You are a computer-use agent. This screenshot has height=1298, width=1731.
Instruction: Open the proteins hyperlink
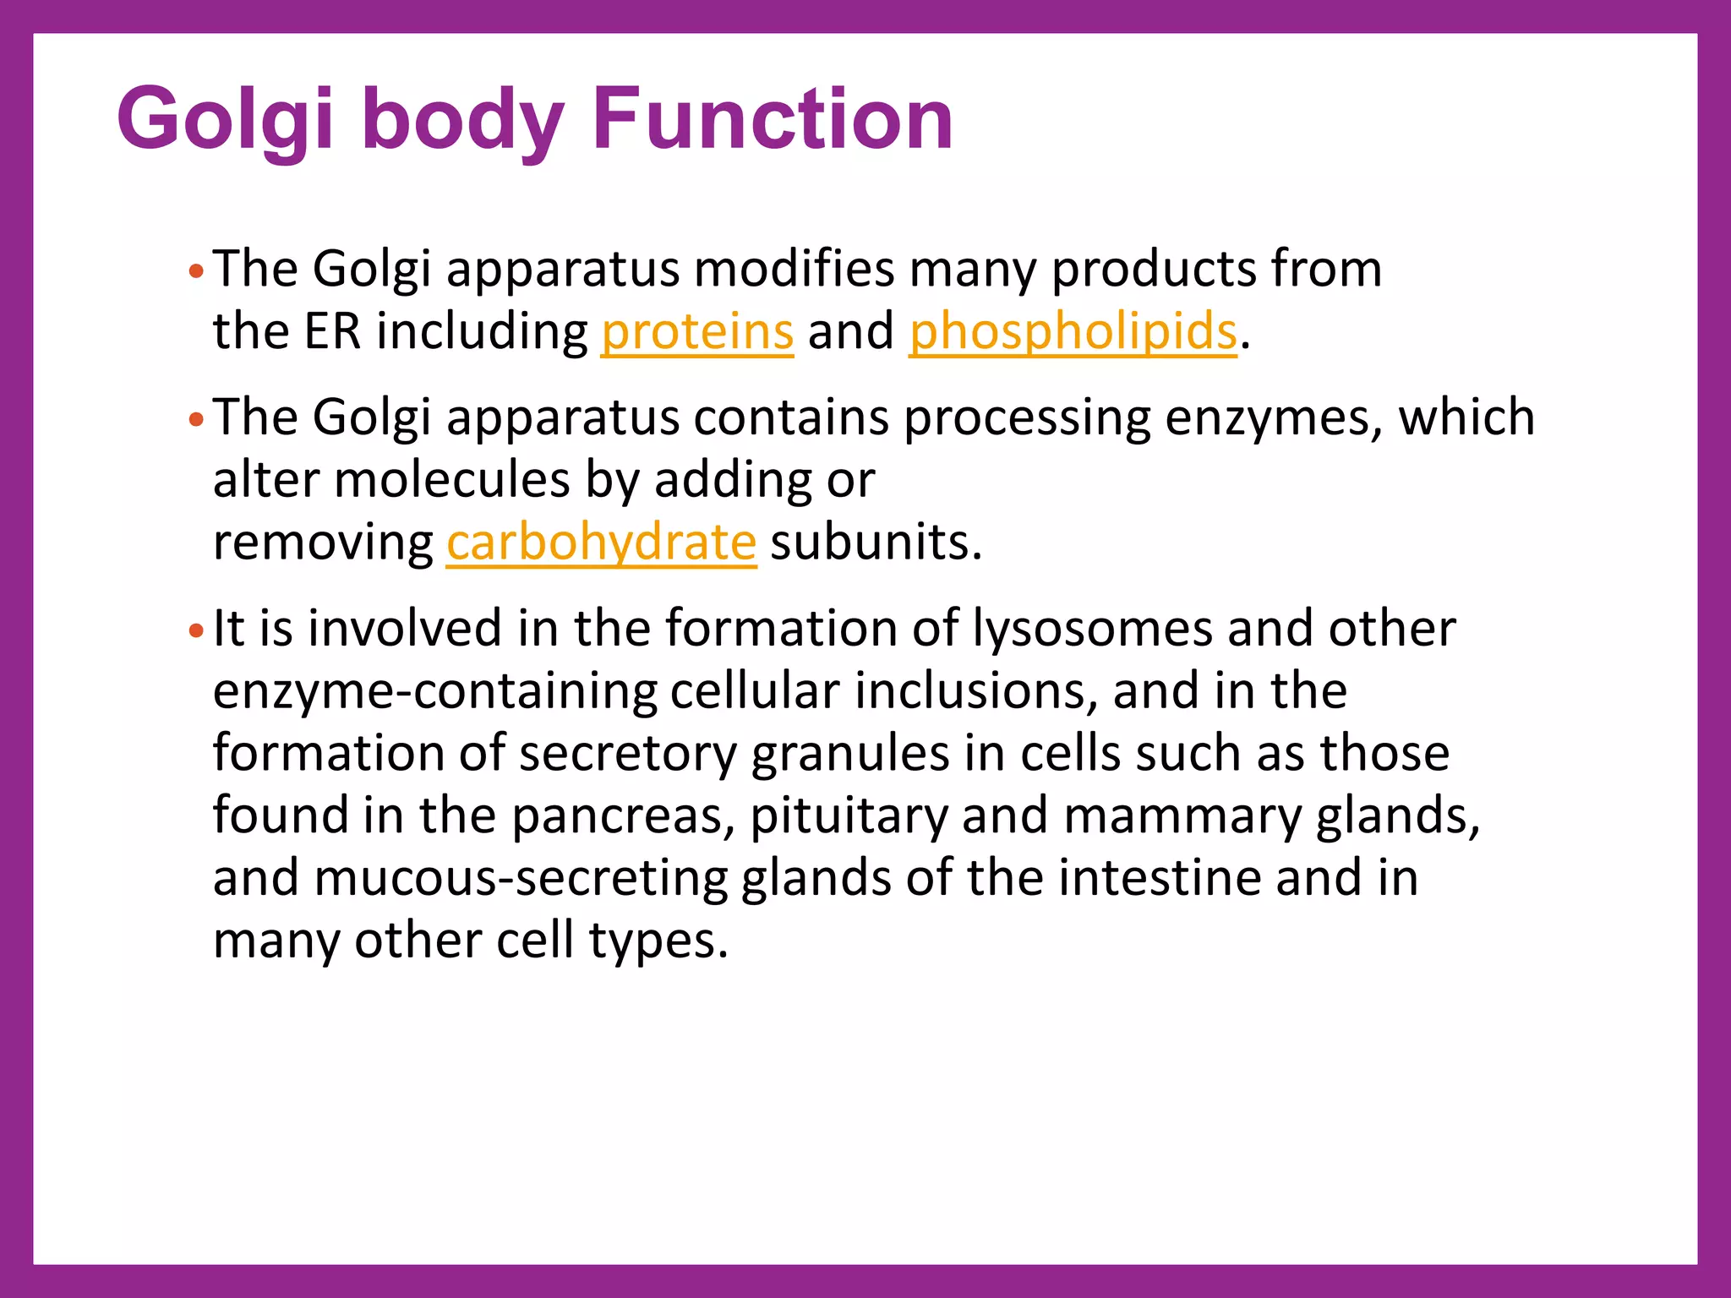[x=697, y=331]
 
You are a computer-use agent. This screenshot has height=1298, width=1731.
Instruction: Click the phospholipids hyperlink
[x=1073, y=331]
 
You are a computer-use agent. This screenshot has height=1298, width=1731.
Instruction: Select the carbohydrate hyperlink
[x=601, y=542]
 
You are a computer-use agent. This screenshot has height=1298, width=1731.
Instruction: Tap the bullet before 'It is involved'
[x=196, y=630]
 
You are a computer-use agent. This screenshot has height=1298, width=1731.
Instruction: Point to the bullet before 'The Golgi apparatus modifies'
[x=196, y=271]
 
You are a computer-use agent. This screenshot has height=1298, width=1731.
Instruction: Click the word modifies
[x=794, y=270]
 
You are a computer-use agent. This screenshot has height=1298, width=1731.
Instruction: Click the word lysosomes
[x=1092, y=629]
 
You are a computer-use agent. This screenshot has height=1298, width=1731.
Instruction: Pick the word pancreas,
[x=623, y=816]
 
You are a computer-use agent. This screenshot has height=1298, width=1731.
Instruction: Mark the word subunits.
[x=876, y=542]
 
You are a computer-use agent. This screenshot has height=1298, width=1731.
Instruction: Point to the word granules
[x=849, y=754]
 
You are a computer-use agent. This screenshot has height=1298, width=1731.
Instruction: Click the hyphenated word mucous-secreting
[x=520, y=878]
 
